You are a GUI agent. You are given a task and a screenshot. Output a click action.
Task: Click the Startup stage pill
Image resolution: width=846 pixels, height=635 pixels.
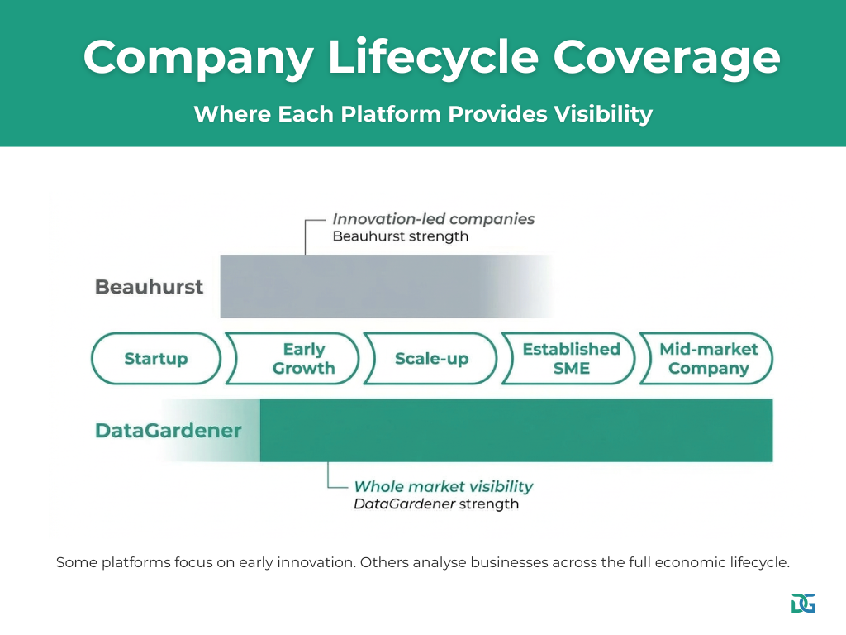pos(156,359)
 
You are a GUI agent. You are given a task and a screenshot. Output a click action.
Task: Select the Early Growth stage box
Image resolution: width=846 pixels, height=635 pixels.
pos(292,359)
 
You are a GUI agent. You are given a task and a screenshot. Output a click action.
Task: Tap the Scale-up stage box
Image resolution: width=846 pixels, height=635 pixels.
pos(430,359)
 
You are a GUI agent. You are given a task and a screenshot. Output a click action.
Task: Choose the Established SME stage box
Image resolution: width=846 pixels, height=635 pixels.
pos(568,359)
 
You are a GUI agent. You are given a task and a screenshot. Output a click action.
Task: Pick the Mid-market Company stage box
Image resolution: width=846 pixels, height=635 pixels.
pos(707,359)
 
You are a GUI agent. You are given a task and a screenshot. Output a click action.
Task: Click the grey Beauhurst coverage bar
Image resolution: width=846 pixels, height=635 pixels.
pos(386,286)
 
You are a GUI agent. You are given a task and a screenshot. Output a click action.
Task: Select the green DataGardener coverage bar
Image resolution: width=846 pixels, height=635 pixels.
pos(516,430)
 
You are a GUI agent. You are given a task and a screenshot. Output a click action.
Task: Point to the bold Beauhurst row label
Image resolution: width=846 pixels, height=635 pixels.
pos(149,287)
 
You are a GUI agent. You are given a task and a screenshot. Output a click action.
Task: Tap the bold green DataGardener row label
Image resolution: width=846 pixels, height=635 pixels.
pos(168,430)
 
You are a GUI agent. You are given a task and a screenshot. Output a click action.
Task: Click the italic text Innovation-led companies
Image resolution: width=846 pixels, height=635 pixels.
pos(433,218)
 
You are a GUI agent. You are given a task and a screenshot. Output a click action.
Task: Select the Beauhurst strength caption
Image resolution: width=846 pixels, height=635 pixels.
pos(401,236)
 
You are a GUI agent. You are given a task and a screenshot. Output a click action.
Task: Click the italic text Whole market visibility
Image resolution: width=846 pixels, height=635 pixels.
pos(444,486)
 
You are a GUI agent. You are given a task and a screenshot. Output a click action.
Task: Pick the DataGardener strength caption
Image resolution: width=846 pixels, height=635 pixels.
pos(436,504)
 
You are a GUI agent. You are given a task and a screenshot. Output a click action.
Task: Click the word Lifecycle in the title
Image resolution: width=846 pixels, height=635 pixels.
pos(433,58)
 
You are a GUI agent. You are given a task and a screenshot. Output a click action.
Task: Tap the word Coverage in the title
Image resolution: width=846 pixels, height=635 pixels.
pos(667,58)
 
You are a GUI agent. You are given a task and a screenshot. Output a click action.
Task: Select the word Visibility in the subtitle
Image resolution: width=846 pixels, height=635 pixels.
pos(603,114)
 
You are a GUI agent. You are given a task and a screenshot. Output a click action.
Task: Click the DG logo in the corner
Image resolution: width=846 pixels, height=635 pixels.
pos(803,603)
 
